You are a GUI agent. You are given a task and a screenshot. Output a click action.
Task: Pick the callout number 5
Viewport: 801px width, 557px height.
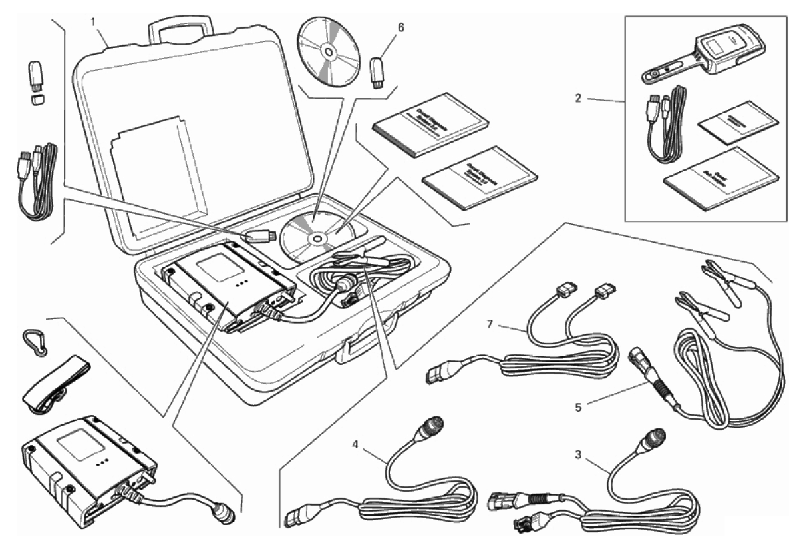click(578, 405)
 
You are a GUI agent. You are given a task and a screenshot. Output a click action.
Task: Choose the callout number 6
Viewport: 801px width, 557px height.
click(400, 28)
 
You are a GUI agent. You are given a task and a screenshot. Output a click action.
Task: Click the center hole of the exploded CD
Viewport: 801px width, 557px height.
click(327, 51)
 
